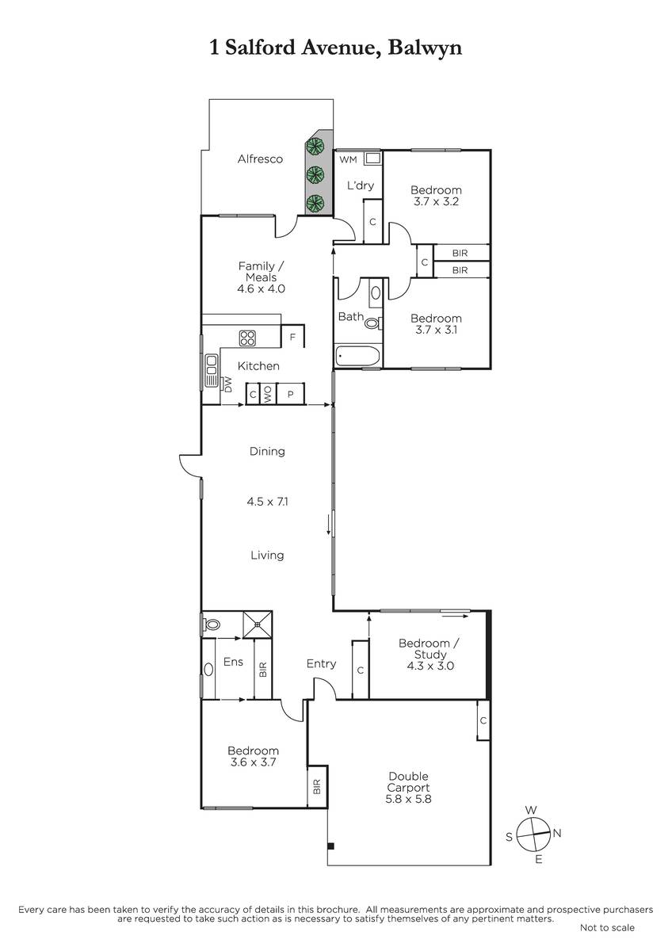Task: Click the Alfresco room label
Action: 260,159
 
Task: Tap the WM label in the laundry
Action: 348,159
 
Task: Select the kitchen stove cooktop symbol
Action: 247,338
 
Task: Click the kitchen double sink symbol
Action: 212,371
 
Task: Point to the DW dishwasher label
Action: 228,384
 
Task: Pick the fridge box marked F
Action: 292,337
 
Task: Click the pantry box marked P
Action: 290,394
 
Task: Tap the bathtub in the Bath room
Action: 357,356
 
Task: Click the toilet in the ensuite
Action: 212,624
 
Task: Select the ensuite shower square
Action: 258,624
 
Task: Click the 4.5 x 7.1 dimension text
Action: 267,502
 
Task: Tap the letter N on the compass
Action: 557,833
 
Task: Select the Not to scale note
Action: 607,939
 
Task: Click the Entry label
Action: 322,663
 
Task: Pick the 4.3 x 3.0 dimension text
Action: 430,666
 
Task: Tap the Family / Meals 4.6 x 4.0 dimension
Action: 261,288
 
